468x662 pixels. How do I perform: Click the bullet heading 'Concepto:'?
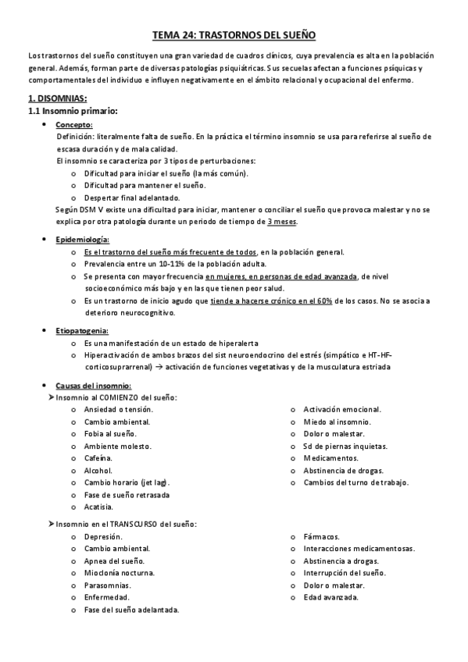click(x=75, y=124)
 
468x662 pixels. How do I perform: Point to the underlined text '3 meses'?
click(x=282, y=222)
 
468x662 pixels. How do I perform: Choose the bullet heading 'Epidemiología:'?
click(x=83, y=239)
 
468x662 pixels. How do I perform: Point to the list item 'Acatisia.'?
click(x=98, y=507)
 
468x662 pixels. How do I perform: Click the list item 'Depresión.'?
click(x=102, y=536)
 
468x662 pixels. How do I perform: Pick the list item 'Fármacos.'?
click(x=321, y=536)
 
